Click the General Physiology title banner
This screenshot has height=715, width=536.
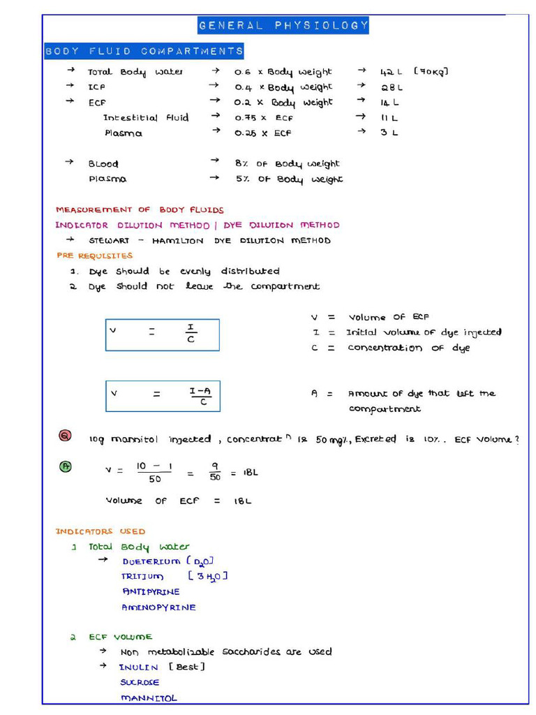(x=283, y=26)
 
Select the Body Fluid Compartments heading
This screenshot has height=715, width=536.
(x=144, y=51)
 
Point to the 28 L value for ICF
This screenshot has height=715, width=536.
(x=392, y=87)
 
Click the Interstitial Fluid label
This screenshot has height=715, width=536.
(x=146, y=117)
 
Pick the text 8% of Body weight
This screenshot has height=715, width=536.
(x=287, y=163)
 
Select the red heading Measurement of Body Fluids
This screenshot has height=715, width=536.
(x=140, y=209)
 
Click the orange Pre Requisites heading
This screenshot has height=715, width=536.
(x=94, y=256)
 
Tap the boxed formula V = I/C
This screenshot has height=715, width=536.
(x=163, y=334)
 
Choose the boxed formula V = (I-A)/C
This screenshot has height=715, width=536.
(x=163, y=396)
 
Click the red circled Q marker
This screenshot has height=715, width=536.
(x=65, y=436)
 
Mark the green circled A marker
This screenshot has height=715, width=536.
(x=65, y=467)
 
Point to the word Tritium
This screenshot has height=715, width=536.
(x=143, y=576)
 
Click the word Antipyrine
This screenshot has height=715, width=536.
(x=151, y=591)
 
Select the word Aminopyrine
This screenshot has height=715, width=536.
(x=158, y=607)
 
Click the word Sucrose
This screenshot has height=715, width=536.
(x=140, y=682)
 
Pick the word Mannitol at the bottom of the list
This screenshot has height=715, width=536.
(x=149, y=698)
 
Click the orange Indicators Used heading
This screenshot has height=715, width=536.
(x=100, y=531)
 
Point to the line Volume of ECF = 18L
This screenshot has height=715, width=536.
(x=178, y=501)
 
